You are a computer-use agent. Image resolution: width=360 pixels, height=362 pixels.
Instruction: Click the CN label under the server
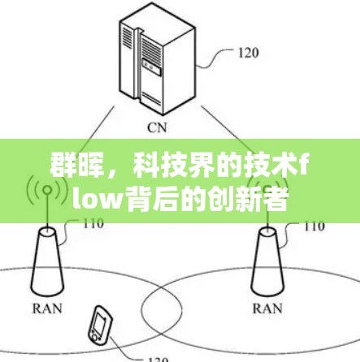[x=157, y=127]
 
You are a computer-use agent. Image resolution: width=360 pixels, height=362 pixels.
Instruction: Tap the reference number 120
[x=249, y=53]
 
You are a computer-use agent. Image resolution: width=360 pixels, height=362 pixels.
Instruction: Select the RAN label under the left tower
[x=47, y=308]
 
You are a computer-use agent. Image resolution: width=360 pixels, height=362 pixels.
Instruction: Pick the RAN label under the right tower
[x=267, y=308]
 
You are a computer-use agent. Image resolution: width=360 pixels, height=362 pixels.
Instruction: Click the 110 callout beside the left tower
[x=93, y=223]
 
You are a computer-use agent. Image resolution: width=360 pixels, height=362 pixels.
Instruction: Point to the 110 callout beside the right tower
[x=314, y=226]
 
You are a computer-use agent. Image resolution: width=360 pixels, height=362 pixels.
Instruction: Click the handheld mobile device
[x=100, y=323]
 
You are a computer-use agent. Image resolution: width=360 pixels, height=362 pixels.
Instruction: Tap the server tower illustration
[x=158, y=59]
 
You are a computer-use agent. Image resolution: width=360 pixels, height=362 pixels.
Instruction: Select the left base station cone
[x=47, y=261]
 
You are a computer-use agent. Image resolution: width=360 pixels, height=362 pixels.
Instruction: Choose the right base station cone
[x=267, y=261]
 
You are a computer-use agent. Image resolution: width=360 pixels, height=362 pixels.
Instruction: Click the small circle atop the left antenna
[x=48, y=190]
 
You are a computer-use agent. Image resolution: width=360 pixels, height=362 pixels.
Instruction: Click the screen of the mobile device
[x=99, y=321]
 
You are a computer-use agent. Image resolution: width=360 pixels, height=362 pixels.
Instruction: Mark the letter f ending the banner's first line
[x=303, y=166]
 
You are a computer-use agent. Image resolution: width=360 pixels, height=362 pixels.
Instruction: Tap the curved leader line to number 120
[x=215, y=58]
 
